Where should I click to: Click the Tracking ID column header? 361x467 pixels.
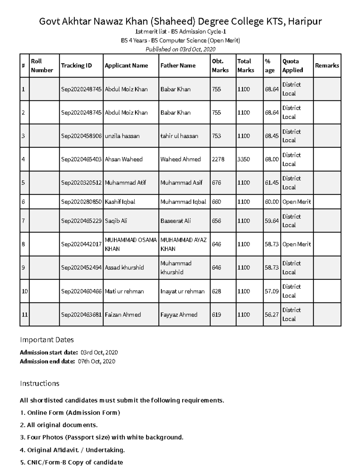pyautogui.click(x=76, y=66)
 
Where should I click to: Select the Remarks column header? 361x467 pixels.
pyautogui.click(x=327, y=66)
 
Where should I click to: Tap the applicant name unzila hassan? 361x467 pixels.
pyautogui.click(x=122, y=136)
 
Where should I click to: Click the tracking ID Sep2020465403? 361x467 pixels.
pyautogui.click(x=81, y=159)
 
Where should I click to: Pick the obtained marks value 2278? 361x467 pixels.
pyautogui.click(x=218, y=159)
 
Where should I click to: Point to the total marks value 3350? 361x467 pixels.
pyautogui.click(x=244, y=159)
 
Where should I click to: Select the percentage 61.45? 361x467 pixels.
pyautogui.click(x=272, y=183)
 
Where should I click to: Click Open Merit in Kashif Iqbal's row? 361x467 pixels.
pyautogui.click(x=297, y=202)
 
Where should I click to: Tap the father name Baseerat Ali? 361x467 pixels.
pyautogui.click(x=175, y=221)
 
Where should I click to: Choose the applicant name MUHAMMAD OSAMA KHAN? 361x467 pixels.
pyautogui.click(x=131, y=244)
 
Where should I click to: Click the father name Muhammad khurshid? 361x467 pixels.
pyautogui.click(x=176, y=268)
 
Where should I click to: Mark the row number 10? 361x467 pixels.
pyautogui.click(x=25, y=291)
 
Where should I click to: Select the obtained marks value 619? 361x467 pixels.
pyautogui.click(x=217, y=315)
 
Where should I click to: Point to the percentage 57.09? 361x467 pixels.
pyautogui.click(x=272, y=291)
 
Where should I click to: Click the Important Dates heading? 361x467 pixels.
pyautogui.click(x=47, y=340)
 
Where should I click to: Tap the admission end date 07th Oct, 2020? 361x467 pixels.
pyautogui.click(x=97, y=361)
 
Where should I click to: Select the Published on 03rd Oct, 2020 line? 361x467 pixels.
pyautogui.click(x=180, y=49)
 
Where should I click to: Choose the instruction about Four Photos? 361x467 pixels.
pyautogui.click(x=102, y=437)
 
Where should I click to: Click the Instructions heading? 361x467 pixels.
pyautogui.click(x=39, y=383)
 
